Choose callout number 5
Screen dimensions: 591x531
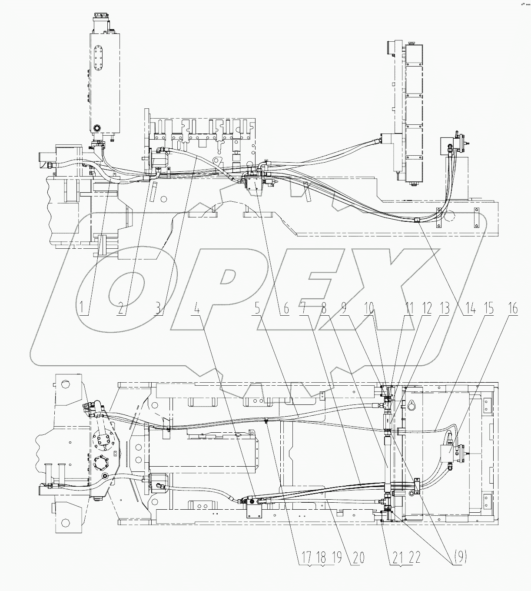tap(258, 309)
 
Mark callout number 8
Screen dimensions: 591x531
tap(324, 309)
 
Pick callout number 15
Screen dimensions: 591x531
tap(490, 309)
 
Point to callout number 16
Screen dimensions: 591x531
tap(513, 309)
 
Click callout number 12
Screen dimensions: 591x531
tap(427, 309)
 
